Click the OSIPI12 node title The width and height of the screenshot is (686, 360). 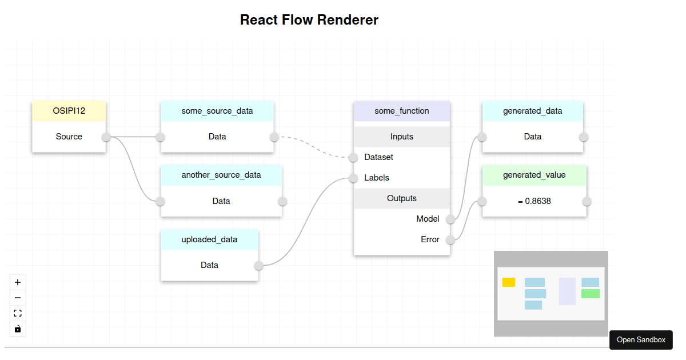click(x=69, y=111)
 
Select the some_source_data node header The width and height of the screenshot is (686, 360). click(x=217, y=111)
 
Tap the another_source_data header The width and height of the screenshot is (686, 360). click(x=221, y=175)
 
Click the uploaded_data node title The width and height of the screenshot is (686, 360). click(x=209, y=239)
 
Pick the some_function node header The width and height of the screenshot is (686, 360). click(x=402, y=111)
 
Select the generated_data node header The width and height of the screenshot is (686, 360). click(x=533, y=111)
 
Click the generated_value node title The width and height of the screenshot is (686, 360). click(x=534, y=175)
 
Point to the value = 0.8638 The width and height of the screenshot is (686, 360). click(x=534, y=201)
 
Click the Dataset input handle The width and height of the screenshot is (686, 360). click(x=353, y=157)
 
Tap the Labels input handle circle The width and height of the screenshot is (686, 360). click(x=353, y=178)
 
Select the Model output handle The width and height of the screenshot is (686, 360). click(x=450, y=219)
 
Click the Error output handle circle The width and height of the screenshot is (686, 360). click(x=450, y=239)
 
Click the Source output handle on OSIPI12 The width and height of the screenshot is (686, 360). click(x=106, y=137)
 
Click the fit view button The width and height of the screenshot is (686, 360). click(x=18, y=313)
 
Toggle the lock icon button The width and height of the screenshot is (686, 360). click(x=18, y=329)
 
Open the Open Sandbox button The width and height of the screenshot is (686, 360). click(x=641, y=340)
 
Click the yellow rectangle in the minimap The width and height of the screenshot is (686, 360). click(x=509, y=282)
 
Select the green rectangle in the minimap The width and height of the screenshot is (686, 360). click(x=591, y=294)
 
